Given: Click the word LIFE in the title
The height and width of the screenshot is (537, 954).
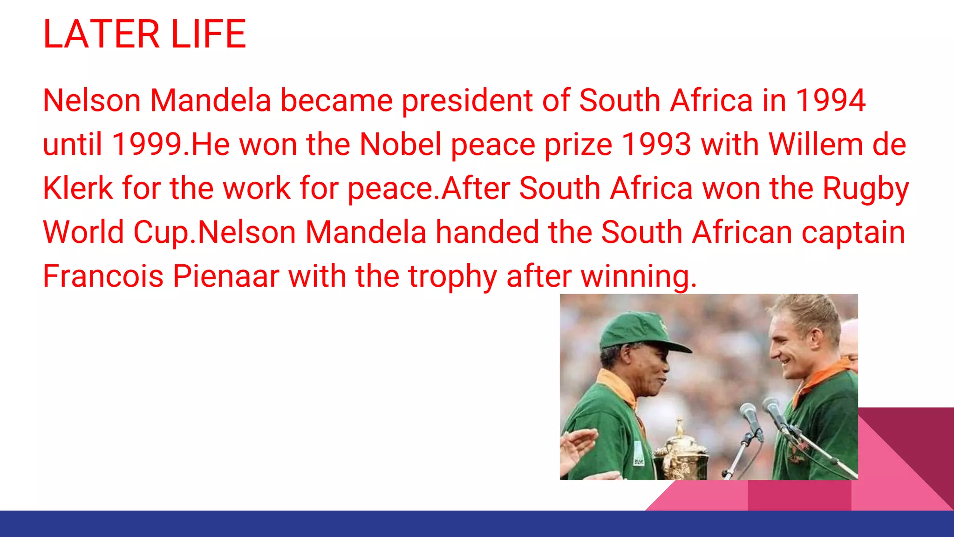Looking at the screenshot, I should (x=208, y=34).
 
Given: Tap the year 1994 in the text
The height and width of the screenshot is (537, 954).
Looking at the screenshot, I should (x=830, y=100).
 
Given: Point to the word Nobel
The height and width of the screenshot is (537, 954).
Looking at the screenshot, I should (x=400, y=144).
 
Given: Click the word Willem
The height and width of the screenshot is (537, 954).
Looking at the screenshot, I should (x=816, y=144).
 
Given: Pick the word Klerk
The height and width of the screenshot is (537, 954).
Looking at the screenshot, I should (x=77, y=188).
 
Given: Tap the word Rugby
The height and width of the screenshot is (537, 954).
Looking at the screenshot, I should (x=865, y=189).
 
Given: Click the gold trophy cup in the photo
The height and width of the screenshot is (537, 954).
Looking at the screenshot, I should (x=681, y=454).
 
